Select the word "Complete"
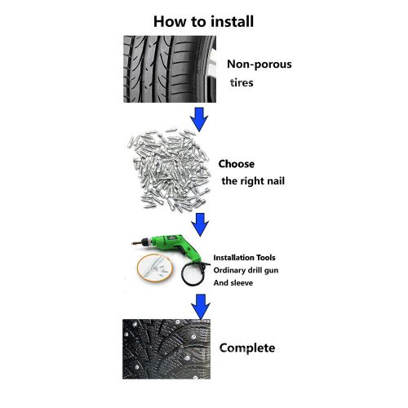point(248,348)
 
